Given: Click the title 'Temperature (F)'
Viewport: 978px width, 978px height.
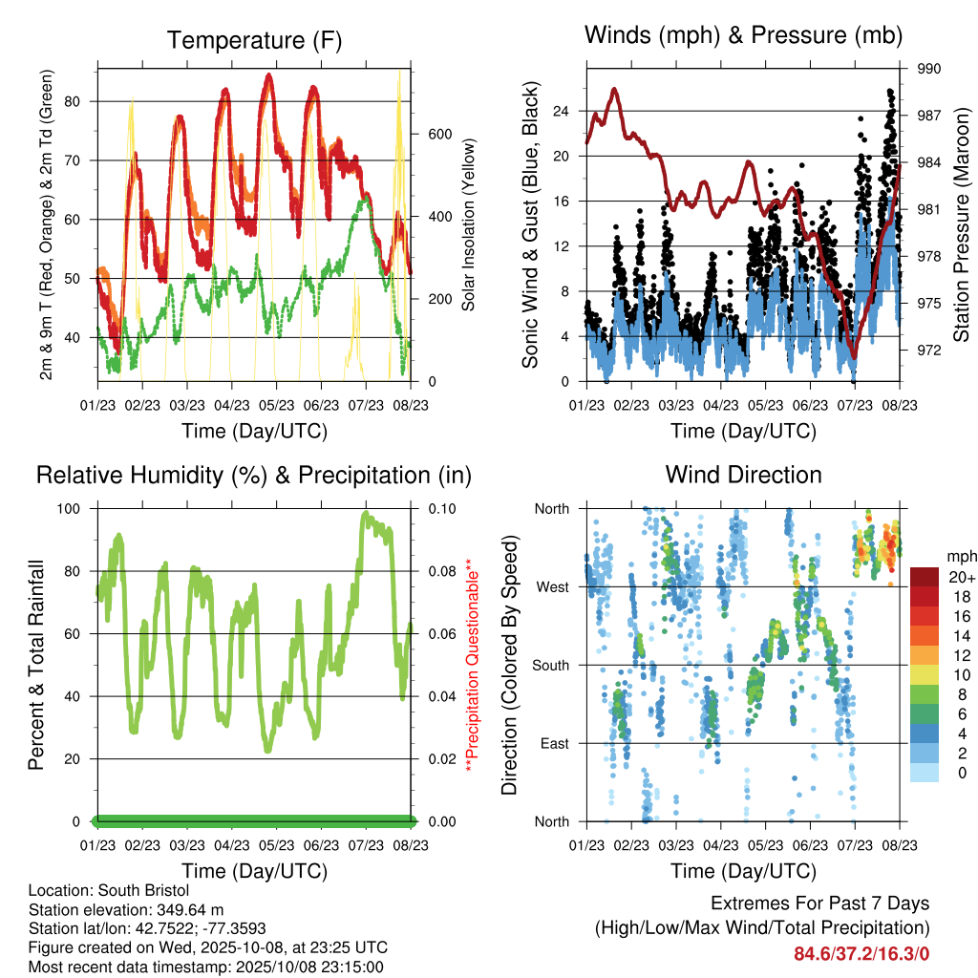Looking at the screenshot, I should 254,40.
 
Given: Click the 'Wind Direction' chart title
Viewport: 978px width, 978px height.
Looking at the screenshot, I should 743,475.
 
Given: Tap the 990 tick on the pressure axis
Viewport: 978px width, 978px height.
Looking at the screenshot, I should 930,69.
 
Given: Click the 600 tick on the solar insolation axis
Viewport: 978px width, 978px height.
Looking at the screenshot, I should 438,134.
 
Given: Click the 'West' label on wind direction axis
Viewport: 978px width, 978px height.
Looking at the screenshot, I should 551,586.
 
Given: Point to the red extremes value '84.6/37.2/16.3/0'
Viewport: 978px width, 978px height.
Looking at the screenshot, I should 861,953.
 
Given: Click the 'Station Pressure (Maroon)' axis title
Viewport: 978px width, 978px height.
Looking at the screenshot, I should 962,224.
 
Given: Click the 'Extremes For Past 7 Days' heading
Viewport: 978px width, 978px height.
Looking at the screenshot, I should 819,904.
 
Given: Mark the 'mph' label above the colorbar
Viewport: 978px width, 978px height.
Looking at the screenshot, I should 960,556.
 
